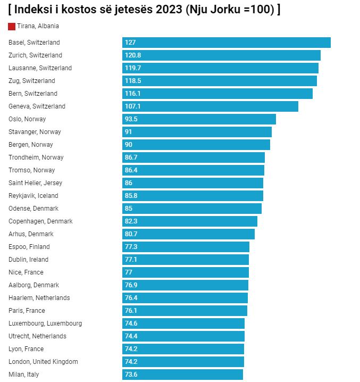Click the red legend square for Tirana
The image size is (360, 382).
pyautogui.click(x=12, y=27)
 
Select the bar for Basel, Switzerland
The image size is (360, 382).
pyautogui.click(x=226, y=43)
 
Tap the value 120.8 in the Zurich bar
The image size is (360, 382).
pyautogui.click(x=132, y=55)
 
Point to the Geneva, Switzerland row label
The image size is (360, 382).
pyautogui.click(x=37, y=106)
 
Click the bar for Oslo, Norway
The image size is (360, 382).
pyautogui.click(x=199, y=119)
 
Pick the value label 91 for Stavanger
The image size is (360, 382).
pyautogui.click(x=129, y=132)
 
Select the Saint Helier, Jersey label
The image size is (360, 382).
pyautogui.click(x=35, y=183)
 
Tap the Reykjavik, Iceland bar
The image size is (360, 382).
pyautogui.click(x=192, y=196)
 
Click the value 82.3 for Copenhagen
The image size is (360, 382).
pyautogui.click(x=131, y=221)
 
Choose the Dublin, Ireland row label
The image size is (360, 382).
pyautogui.click(x=28, y=260)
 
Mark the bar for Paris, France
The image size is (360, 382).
pyautogui.click(x=185, y=311)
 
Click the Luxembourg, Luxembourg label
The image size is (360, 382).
pyautogui.click(x=45, y=323)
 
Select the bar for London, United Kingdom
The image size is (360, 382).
pyautogui.click(x=183, y=362)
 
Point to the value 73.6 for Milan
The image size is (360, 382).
pyautogui.click(x=131, y=375)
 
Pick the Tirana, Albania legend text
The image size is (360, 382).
pyautogui.click(x=38, y=26)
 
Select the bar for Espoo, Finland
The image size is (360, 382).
pyautogui.click(x=186, y=247)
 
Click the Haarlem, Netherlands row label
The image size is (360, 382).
pyautogui.click(x=39, y=298)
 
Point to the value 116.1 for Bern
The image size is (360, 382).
pyautogui.click(x=132, y=94)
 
